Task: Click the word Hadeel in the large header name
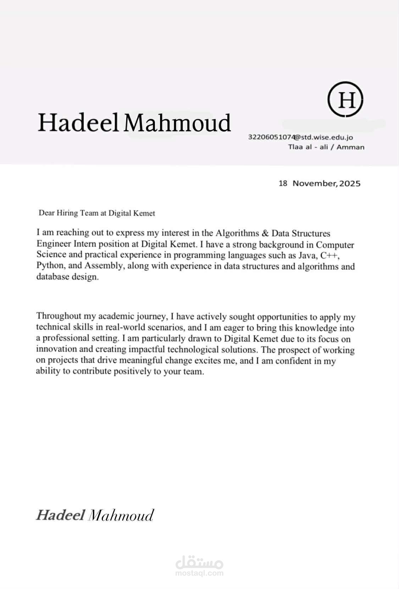click(x=78, y=122)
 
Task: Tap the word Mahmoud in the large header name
click(x=177, y=122)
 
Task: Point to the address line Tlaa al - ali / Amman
click(x=326, y=147)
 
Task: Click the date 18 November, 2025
click(x=319, y=183)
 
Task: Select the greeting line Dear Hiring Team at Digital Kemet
click(x=96, y=213)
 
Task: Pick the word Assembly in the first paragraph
click(x=103, y=266)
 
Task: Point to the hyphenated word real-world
click(x=123, y=327)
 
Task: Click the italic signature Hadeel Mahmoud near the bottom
click(x=95, y=515)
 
